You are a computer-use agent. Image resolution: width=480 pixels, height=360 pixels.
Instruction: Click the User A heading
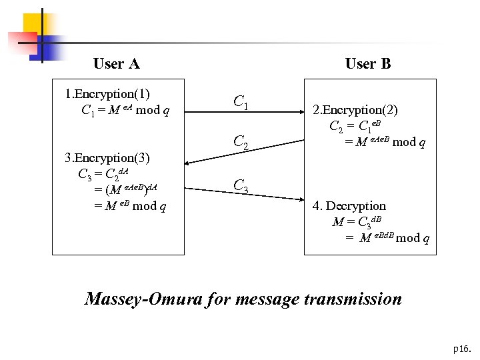117,64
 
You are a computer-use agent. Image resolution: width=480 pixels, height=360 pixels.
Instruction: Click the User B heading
368,64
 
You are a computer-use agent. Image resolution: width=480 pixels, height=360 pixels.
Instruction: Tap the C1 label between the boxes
241,102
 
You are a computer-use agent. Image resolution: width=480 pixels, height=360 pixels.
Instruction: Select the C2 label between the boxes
241,142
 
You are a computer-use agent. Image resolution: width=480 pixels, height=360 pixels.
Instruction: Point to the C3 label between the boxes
241,187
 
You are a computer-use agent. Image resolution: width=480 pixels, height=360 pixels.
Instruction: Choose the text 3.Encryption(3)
107,158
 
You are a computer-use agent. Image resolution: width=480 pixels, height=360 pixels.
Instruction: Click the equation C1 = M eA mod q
125,109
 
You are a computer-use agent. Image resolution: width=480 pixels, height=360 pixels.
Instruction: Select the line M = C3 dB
361,222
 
